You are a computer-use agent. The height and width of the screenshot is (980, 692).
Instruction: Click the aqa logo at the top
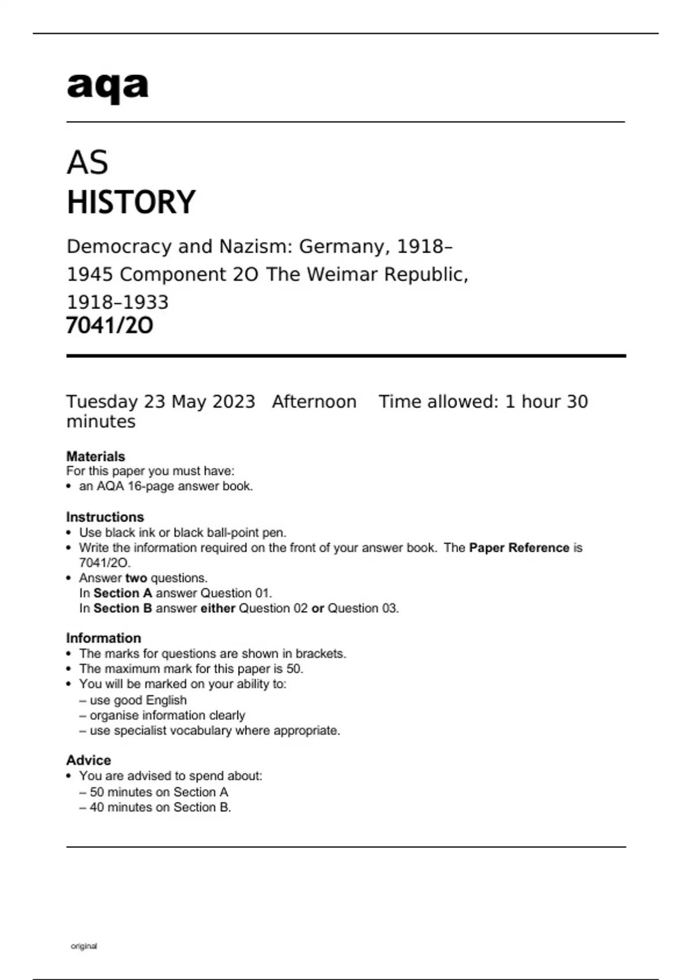[108, 87]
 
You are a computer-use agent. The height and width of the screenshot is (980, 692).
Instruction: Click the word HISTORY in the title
[131, 202]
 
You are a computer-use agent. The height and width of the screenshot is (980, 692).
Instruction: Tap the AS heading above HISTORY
[88, 163]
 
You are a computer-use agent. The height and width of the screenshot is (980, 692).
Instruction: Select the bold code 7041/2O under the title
[110, 326]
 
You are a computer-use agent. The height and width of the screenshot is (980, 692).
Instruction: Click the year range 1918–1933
[118, 302]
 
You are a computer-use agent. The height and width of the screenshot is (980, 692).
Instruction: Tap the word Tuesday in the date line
[102, 402]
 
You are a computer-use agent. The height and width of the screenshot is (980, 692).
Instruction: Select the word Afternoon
[314, 402]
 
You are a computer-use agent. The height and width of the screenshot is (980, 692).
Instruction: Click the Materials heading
[96, 456]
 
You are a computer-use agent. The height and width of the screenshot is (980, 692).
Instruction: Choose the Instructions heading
[105, 517]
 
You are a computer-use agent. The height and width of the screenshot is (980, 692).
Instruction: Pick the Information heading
[104, 638]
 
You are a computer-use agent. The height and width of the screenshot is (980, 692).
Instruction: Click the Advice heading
[89, 760]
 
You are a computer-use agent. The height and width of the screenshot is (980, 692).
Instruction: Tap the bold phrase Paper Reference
[519, 548]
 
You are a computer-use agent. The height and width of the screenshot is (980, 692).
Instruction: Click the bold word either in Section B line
[217, 608]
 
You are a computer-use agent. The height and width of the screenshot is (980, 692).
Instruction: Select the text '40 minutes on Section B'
[160, 807]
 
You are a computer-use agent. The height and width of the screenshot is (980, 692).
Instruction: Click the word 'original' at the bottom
[84, 946]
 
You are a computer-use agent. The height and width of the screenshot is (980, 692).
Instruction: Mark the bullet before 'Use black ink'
[69, 533]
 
